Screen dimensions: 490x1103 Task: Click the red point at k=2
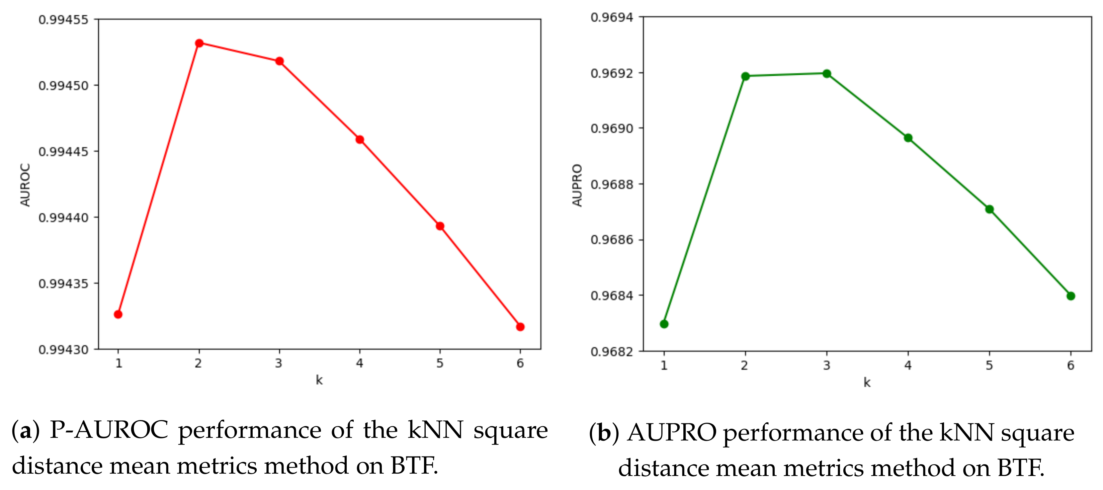[x=199, y=43]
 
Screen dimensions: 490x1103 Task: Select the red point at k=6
[x=520, y=327]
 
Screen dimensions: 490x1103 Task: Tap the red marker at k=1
[x=118, y=314]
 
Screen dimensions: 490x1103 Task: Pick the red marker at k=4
[x=360, y=140]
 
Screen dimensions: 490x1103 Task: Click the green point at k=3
[x=827, y=74]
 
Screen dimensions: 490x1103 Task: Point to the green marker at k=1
[x=664, y=324]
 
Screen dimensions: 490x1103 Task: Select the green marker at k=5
[x=990, y=210]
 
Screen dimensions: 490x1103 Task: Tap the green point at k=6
[x=1071, y=296]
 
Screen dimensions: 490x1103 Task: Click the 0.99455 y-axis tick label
[x=63, y=20]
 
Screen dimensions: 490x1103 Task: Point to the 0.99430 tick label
[x=63, y=350]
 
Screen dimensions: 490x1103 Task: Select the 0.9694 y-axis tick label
[x=611, y=17]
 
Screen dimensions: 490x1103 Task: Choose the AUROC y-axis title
[x=25, y=185]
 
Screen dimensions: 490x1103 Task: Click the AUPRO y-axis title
[x=577, y=185]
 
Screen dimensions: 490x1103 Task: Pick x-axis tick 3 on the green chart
[x=827, y=366]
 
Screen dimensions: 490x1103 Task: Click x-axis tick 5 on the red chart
[x=440, y=363]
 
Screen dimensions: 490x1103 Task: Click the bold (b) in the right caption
[x=604, y=433]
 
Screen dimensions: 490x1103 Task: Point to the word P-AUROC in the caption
[x=109, y=430]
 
